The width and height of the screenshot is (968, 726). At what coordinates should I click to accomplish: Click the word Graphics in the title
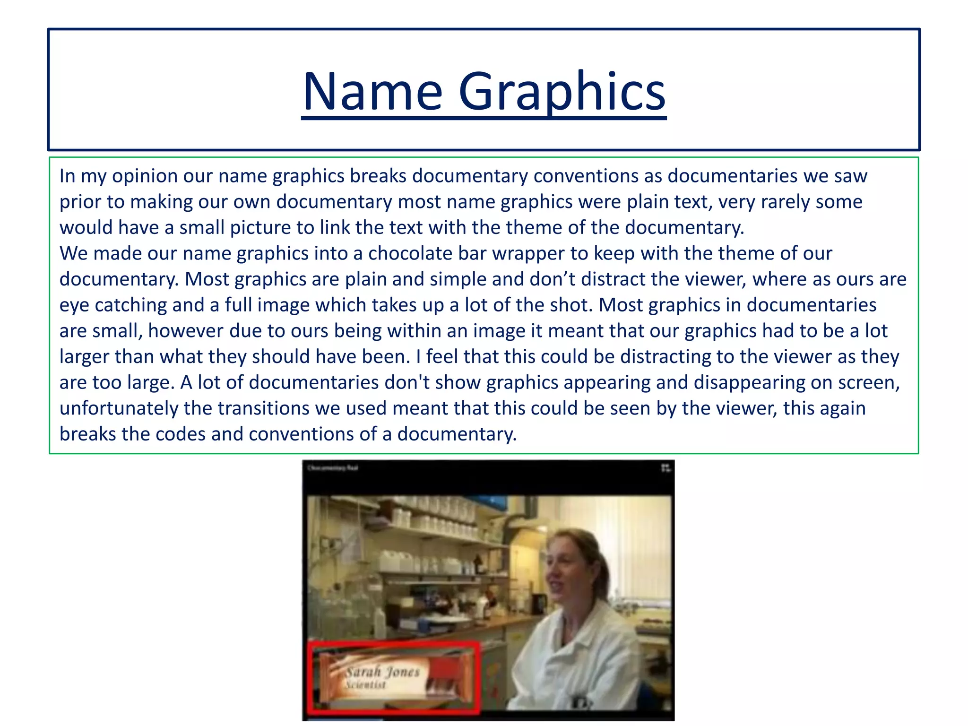[562, 92]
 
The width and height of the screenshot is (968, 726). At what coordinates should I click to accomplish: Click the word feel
[447, 356]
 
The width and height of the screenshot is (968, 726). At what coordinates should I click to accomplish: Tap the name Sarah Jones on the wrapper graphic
[382, 672]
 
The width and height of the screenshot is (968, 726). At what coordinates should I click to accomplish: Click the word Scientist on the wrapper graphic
[365, 685]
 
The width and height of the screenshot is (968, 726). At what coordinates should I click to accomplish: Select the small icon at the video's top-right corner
[665, 468]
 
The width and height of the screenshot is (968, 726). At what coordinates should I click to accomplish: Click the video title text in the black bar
[333, 468]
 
